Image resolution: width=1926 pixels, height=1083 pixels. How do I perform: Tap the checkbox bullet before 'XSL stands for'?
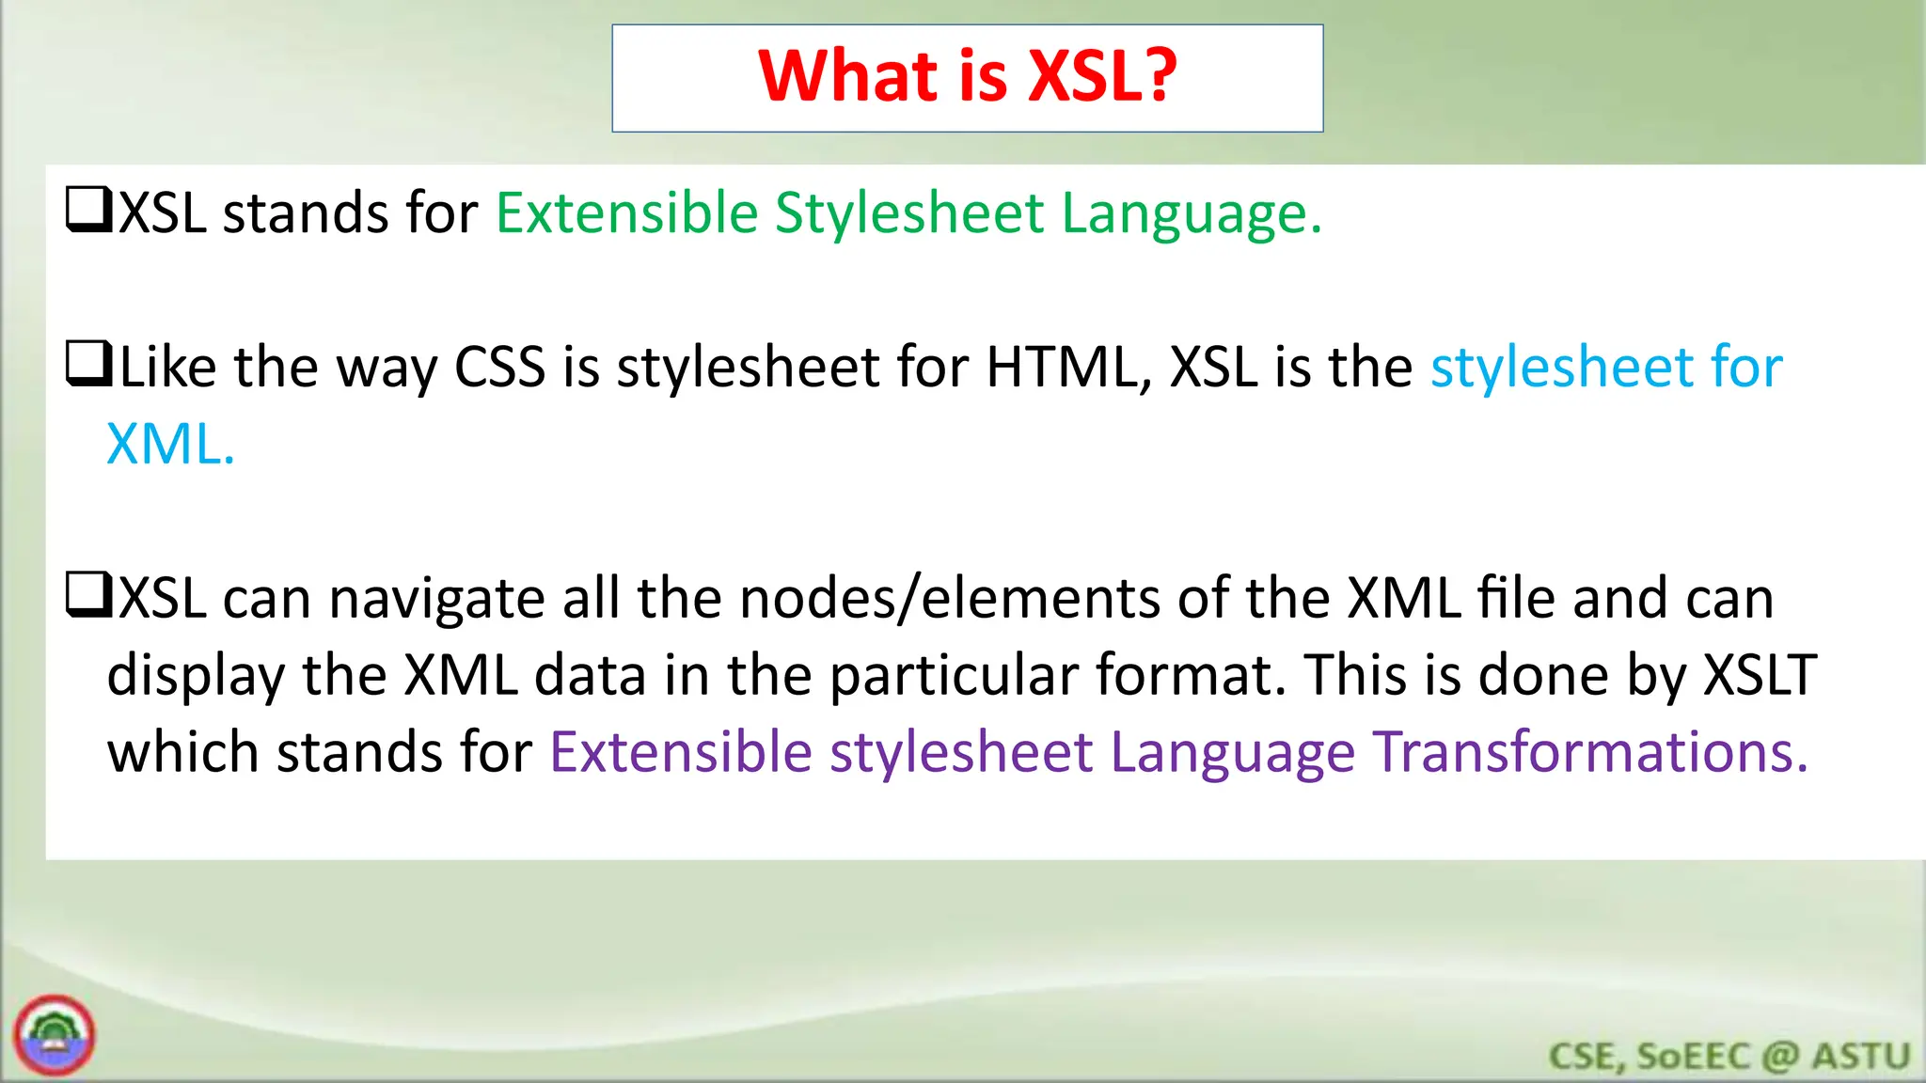(89, 210)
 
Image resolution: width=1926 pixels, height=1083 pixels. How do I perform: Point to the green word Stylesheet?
(909, 214)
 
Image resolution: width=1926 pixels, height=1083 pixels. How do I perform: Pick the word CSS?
(499, 367)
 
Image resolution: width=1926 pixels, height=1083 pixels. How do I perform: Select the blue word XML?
(169, 444)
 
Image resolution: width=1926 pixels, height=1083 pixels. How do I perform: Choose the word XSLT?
(1760, 675)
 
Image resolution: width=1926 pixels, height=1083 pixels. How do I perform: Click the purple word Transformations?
(1590, 752)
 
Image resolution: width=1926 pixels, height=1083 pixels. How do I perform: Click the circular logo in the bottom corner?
(55, 1035)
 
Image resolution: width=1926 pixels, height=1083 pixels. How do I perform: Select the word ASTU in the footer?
(1861, 1057)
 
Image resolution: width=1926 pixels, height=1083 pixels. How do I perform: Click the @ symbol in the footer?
(1780, 1057)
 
